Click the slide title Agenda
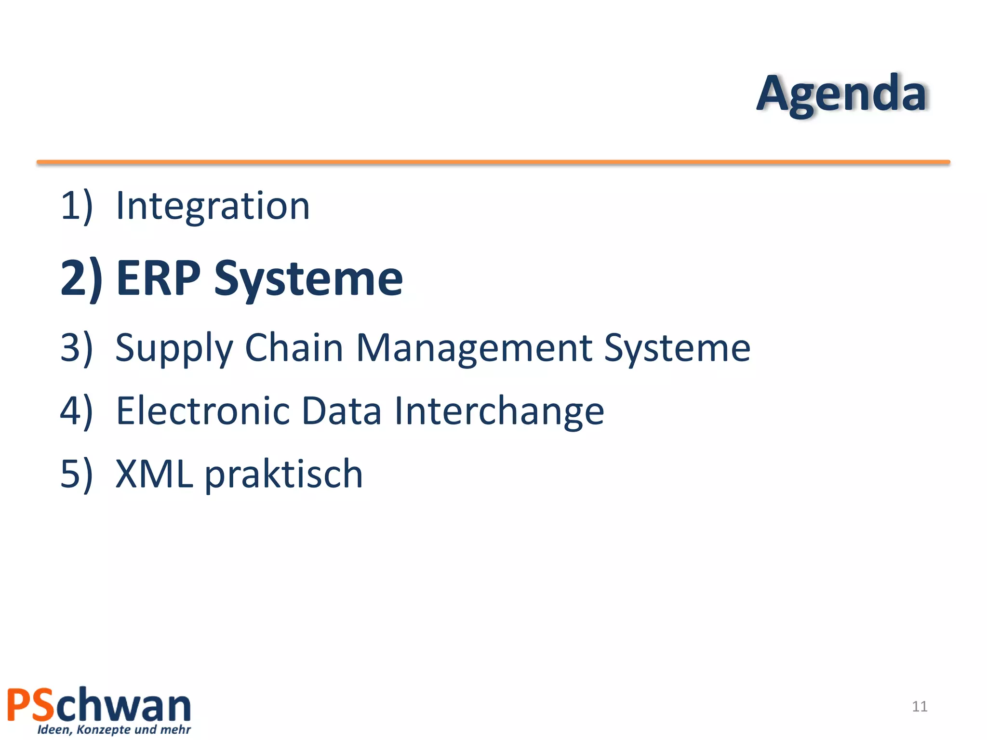841,94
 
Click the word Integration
213,206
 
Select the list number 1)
76,206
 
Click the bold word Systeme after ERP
308,279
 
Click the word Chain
294,347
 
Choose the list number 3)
76,347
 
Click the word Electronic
203,410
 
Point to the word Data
341,410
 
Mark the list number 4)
76,410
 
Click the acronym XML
154,474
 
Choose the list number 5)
76,474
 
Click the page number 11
920,706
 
